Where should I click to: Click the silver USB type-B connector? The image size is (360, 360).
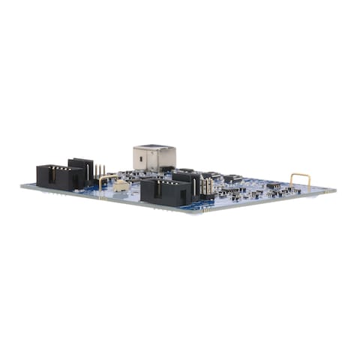(154, 157)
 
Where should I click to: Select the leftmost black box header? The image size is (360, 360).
(59, 177)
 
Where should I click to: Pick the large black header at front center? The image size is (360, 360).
(165, 192)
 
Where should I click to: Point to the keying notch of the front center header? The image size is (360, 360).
(158, 191)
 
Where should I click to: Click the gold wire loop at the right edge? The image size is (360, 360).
(300, 179)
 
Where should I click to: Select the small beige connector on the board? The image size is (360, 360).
(121, 185)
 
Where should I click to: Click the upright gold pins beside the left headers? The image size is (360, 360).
(99, 171)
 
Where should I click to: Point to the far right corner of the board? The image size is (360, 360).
(334, 190)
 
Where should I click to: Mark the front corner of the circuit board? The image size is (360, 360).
(197, 212)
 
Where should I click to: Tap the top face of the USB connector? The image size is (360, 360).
(154, 147)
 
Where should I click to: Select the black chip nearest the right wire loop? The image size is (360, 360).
(274, 185)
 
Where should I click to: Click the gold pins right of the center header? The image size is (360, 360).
(205, 186)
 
